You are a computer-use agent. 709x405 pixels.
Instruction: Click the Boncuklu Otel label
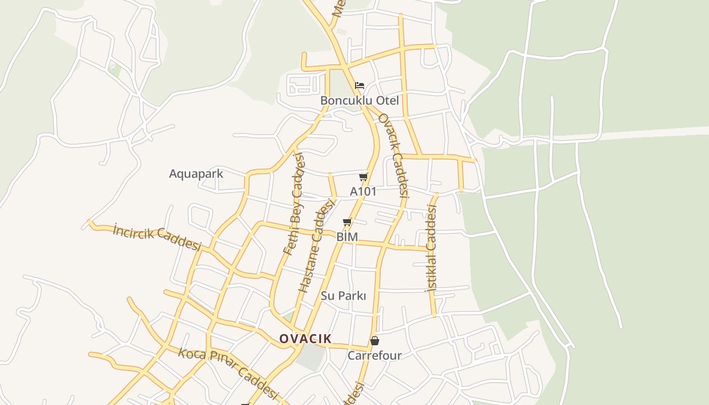pos(359,100)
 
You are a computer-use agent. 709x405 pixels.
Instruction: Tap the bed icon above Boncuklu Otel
pos(360,85)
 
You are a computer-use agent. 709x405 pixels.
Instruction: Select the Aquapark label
pos(196,174)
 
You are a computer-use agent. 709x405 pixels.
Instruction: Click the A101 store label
pos(363,191)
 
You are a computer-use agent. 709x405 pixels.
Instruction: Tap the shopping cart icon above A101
pos(363,177)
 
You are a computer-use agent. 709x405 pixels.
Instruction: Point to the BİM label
pos(347,237)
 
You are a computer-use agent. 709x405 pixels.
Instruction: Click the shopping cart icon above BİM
pos(347,222)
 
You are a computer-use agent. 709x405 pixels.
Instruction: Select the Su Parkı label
pos(343,296)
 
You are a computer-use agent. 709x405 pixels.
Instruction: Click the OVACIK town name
pos(305,339)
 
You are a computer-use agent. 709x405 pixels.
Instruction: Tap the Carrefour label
pos(374,355)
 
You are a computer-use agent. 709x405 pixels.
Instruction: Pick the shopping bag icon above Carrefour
pos(375,341)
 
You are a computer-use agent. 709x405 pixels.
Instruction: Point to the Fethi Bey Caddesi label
pos(295,204)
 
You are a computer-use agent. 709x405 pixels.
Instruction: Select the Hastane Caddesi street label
pos(317,246)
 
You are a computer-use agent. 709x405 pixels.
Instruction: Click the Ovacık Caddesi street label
pos(393,154)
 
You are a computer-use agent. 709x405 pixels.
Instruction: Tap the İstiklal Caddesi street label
pos(431,248)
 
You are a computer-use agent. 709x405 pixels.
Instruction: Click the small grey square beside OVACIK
pos(310,357)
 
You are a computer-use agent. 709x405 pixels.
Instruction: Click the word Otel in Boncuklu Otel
pos(387,100)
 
